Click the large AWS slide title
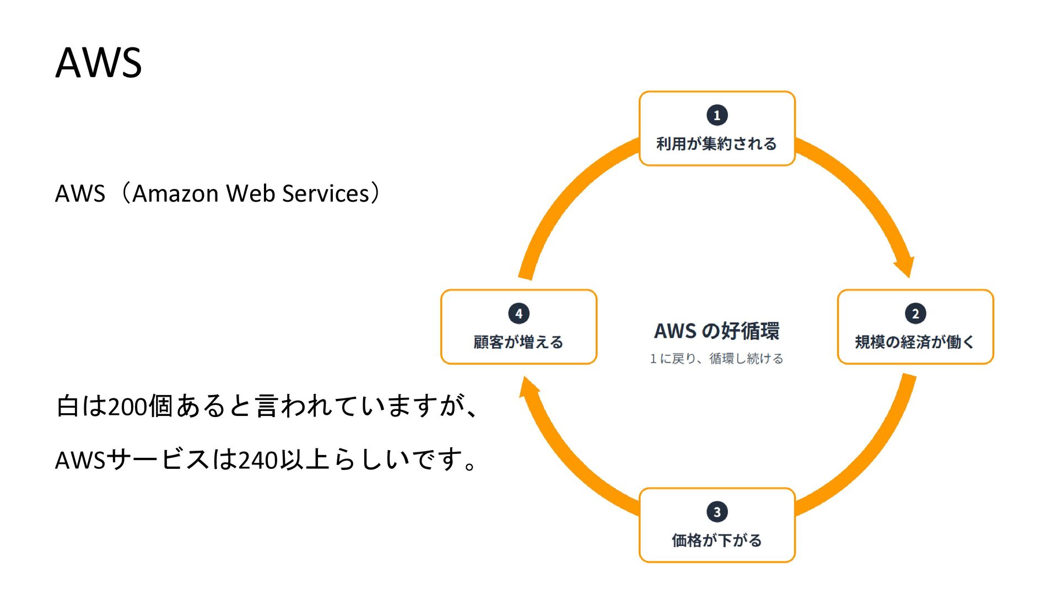point(99,62)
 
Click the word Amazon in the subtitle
point(176,193)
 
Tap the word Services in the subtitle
point(326,193)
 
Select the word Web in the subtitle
point(251,193)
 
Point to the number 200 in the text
point(128,407)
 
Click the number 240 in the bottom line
point(258,460)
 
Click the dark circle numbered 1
point(717,115)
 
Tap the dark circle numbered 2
point(915,313)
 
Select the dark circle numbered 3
point(717,512)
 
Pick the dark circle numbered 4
point(519,313)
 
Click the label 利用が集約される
point(716,144)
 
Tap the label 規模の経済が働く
point(915,342)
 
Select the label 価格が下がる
point(716,540)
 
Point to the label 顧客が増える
point(519,342)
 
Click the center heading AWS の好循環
point(717,331)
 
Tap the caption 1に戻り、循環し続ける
point(716,359)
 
